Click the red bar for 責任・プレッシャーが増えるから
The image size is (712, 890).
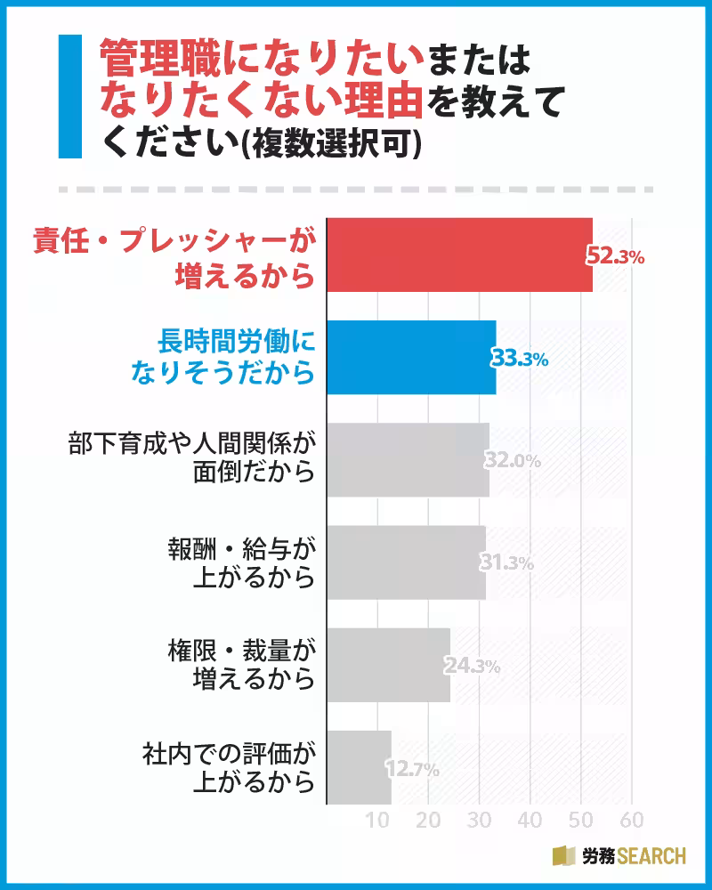point(459,255)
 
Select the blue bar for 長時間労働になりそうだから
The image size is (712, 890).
point(411,357)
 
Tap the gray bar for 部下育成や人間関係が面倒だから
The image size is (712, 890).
point(408,459)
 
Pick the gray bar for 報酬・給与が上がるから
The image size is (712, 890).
point(406,562)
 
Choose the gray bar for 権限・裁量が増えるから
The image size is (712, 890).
point(388,665)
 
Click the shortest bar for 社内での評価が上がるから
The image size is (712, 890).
point(359,767)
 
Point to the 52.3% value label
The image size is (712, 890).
point(614,256)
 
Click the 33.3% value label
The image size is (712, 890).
point(519,359)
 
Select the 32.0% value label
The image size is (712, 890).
point(513,461)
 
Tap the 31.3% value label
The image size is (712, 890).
point(508,563)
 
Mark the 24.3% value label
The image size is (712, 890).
point(473,666)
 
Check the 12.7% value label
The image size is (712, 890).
point(412,769)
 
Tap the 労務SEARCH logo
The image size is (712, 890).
point(619,856)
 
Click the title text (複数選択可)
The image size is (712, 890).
point(348,142)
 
